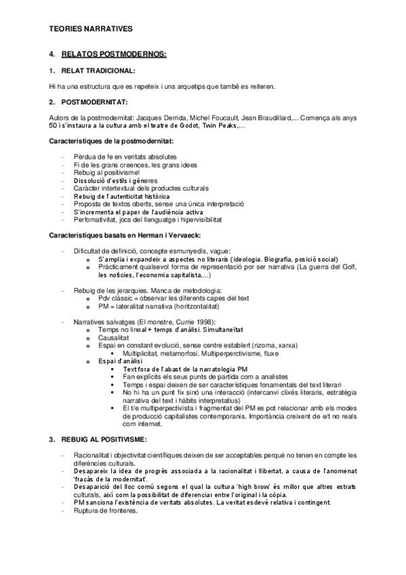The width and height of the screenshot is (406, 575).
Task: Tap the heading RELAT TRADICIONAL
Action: [98, 70]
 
